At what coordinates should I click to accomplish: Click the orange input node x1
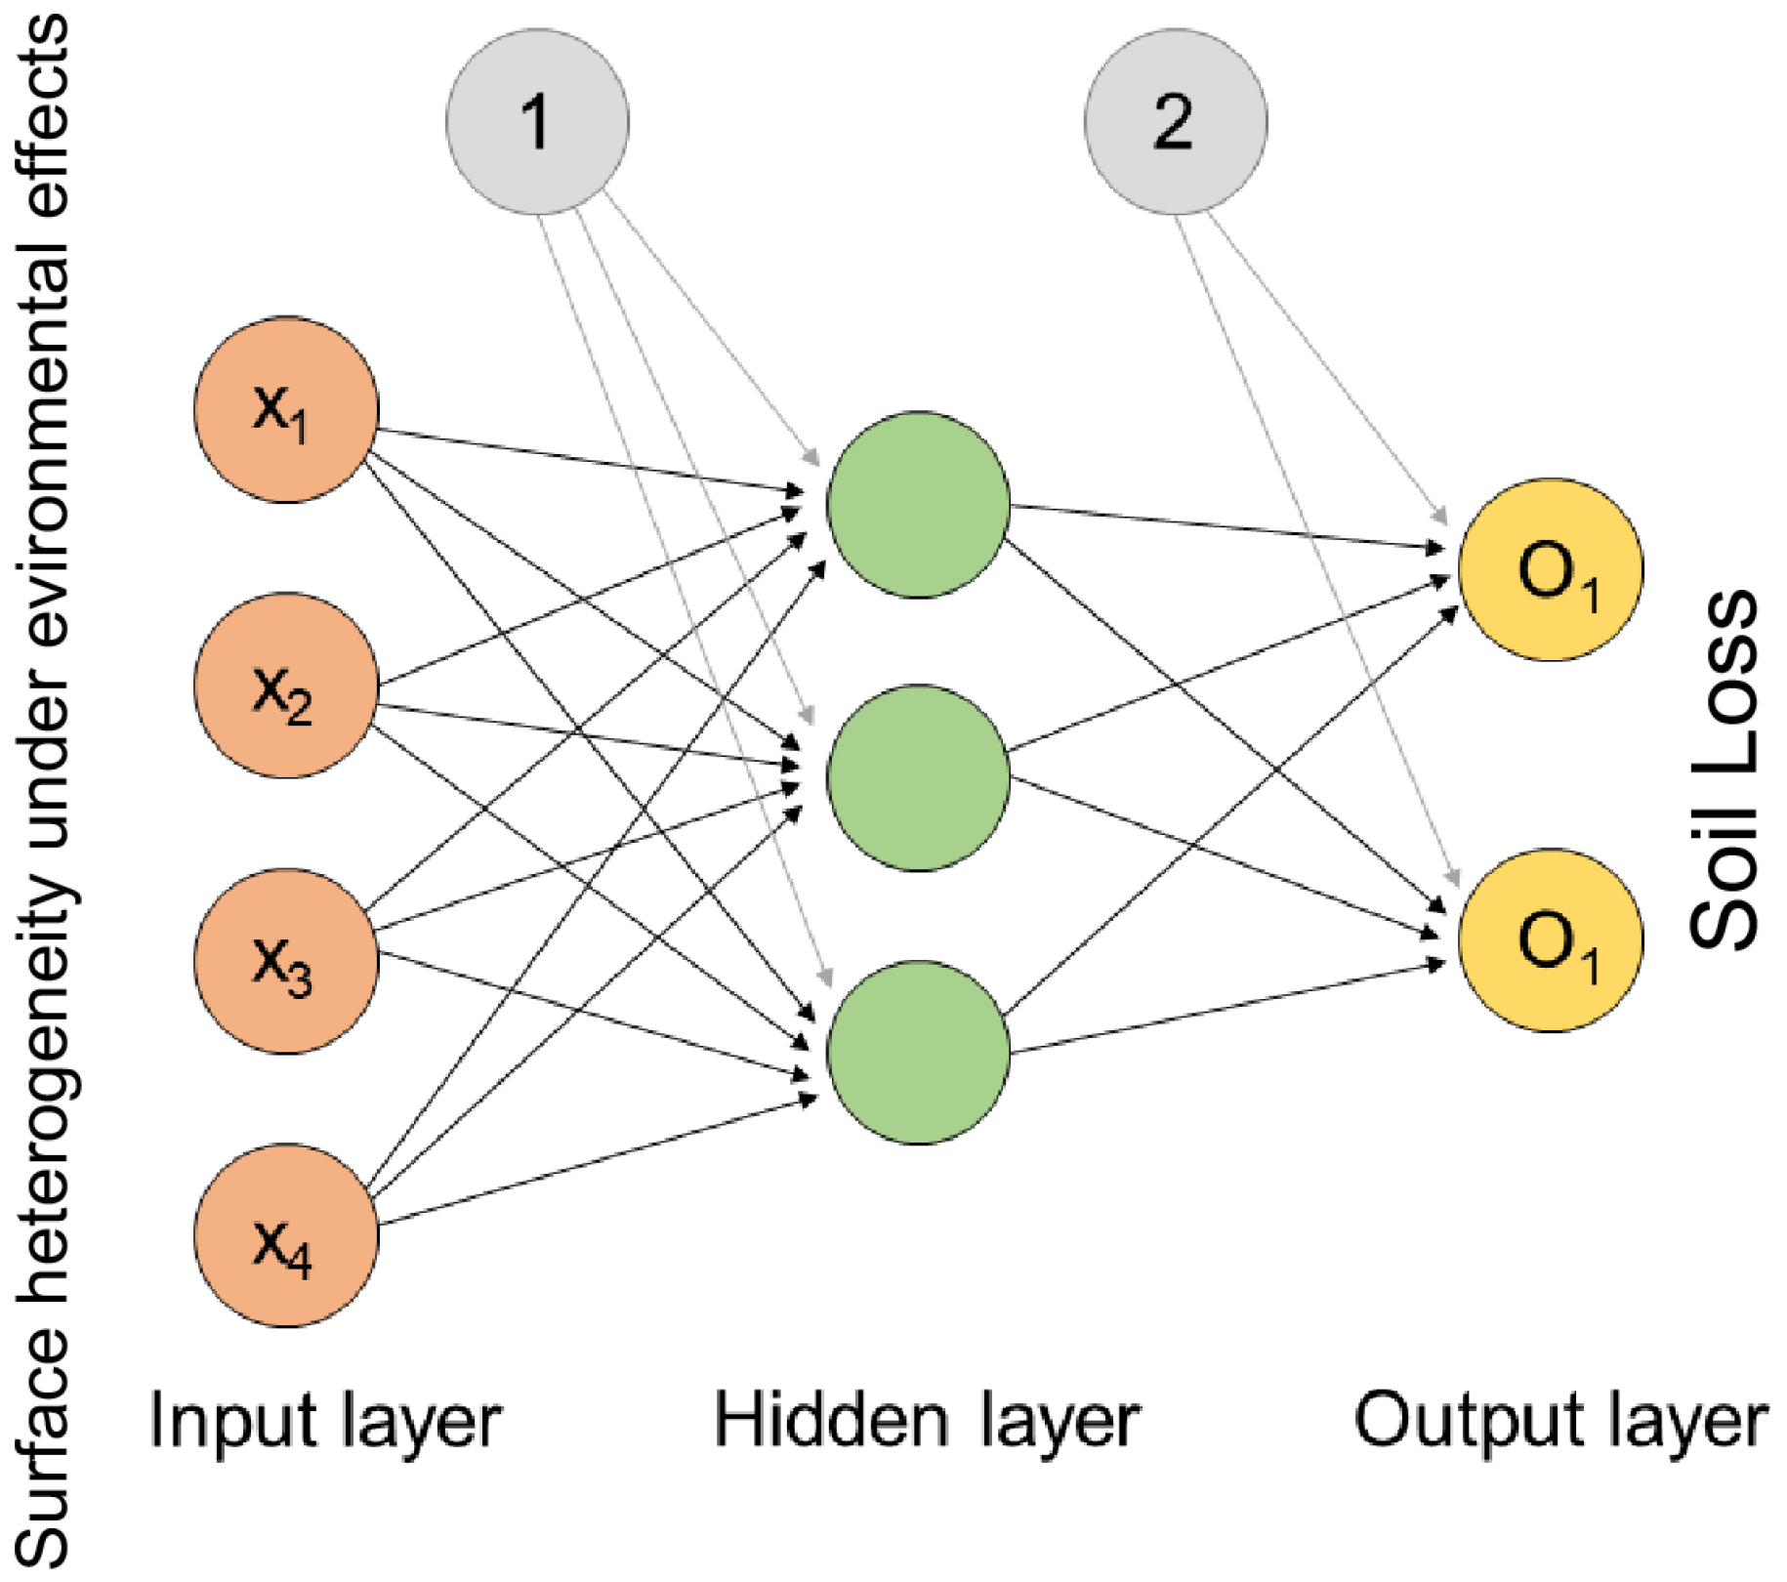tap(286, 410)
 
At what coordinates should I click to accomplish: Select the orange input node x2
tap(286, 686)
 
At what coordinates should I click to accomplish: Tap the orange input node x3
tap(286, 961)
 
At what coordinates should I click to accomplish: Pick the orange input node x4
tap(286, 1235)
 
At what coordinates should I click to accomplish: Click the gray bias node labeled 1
tap(537, 122)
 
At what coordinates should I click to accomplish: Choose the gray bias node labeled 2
tap(1176, 122)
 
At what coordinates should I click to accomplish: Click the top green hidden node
tap(918, 505)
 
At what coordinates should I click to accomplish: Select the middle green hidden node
tap(918, 778)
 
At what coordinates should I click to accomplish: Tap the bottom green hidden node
tap(918, 1053)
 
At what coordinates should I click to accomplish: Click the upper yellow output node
tap(1551, 570)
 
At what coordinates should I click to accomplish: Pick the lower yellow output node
tap(1551, 940)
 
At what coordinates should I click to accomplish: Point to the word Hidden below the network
tap(831, 1420)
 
